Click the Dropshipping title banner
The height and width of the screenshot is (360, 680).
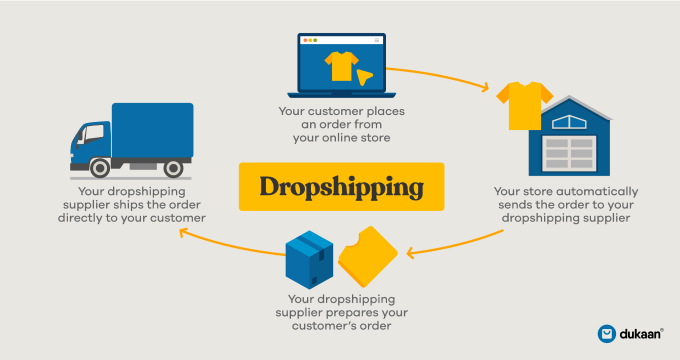[340, 186]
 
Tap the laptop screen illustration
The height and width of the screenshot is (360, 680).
[340, 64]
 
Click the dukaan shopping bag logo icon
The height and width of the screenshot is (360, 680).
[606, 333]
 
